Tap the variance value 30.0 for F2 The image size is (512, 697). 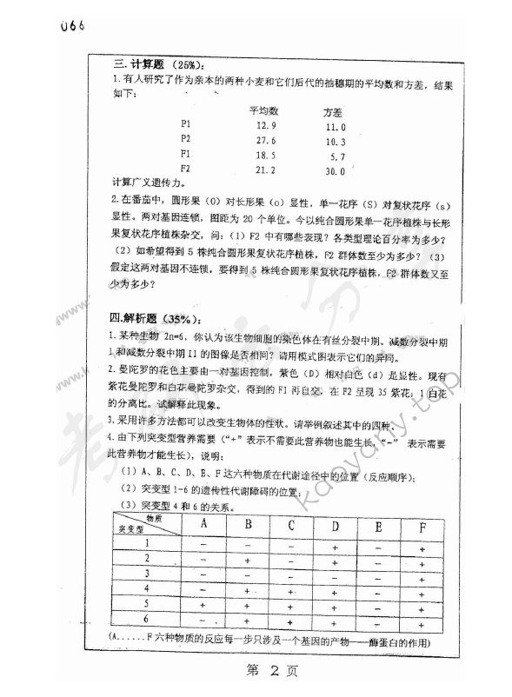336,170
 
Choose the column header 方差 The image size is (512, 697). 332,112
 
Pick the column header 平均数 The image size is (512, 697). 263,110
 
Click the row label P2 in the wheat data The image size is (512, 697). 186,138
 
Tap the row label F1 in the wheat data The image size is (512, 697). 185,153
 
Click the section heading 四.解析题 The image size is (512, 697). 152,317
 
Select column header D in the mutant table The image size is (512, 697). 335,524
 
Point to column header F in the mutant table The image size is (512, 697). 422,526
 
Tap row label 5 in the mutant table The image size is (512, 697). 147,602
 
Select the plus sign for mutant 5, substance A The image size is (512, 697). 203,604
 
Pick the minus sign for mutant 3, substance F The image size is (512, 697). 422,574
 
